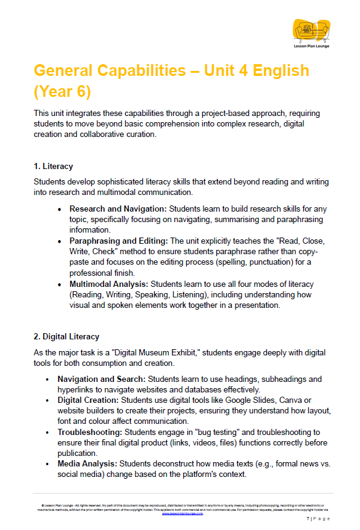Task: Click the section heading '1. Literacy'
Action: [x=53, y=166]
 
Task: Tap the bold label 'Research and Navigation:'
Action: [x=118, y=209]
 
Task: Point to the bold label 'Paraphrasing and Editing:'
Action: [x=118, y=241]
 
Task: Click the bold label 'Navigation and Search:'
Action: [x=103, y=379]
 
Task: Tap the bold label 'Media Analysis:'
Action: [x=88, y=463]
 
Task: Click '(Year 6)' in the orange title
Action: [x=62, y=91]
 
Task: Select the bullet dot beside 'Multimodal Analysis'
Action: [x=59, y=284]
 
